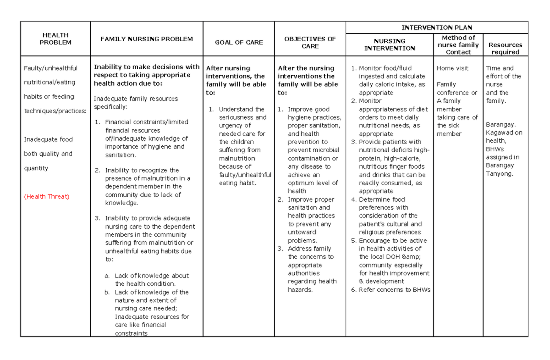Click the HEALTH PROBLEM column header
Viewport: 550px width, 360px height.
pos(55,39)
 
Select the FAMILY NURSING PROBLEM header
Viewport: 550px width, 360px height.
pos(147,39)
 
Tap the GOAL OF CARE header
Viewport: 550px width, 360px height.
pos(239,42)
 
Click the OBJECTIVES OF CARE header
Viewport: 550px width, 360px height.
pos(310,42)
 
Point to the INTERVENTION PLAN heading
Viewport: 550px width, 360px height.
pos(436,28)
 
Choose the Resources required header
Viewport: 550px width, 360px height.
pos(505,48)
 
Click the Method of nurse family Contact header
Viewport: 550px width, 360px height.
pos(458,44)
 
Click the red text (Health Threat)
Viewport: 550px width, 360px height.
pos(46,196)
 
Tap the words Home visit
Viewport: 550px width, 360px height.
pos(452,68)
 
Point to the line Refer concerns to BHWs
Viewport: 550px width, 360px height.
pos(394,289)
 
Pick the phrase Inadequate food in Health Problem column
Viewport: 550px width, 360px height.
pos(48,139)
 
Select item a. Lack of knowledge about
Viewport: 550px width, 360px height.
pos(147,276)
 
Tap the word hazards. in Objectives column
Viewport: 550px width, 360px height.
pos(300,289)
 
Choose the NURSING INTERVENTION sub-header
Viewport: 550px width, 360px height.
pos(389,44)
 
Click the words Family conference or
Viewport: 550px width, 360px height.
pos(456,89)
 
